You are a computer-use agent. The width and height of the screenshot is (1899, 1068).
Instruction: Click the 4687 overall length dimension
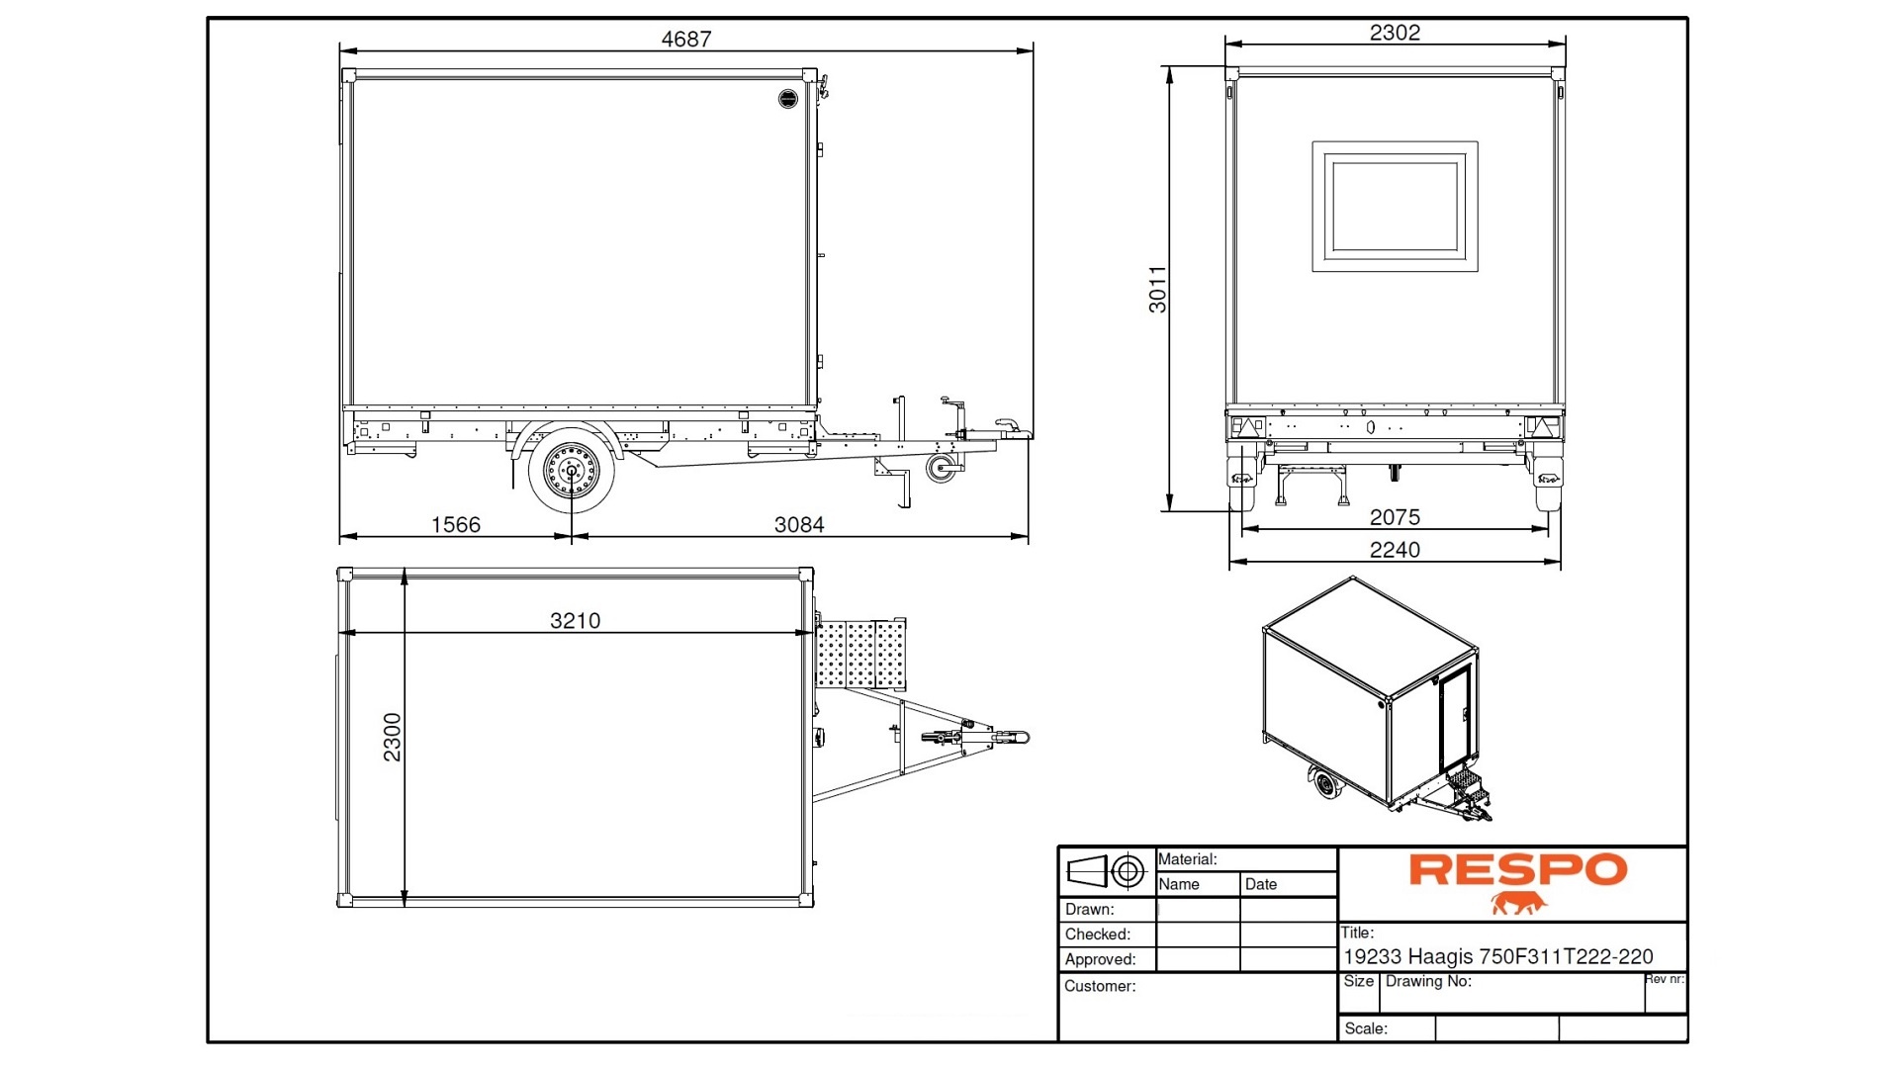[685, 39]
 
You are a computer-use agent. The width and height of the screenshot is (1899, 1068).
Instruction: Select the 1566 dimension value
[455, 525]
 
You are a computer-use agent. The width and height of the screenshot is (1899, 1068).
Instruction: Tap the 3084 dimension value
[798, 525]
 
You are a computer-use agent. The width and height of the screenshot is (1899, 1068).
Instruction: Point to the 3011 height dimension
[1157, 289]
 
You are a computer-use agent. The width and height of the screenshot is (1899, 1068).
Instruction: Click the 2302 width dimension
[1395, 33]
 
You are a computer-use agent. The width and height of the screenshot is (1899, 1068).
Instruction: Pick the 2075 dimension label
[1395, 517]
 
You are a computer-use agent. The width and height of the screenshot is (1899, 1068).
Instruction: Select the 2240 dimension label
[1395, 550]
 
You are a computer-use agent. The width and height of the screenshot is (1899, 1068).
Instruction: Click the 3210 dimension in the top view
[575, 621]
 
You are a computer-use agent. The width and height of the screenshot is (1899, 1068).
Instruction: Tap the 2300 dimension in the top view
[393, 737]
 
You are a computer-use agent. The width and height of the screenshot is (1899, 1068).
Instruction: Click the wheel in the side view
[571, 471]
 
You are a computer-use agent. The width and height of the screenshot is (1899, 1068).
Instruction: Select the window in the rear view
[1395, 207]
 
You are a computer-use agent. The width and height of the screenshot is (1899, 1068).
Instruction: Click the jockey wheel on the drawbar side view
[942, 468]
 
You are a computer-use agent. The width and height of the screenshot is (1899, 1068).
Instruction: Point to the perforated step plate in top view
[861, 654]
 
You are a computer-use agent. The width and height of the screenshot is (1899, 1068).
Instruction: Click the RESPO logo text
[1517, 870]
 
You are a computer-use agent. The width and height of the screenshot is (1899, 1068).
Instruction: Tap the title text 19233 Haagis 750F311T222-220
[1497, 957]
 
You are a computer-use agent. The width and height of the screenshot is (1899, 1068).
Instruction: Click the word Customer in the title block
[1099, 986]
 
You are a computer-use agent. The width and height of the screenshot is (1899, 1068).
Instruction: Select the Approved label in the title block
[1099, 959]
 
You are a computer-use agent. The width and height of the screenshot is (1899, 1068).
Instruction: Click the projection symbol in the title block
[1106, 871]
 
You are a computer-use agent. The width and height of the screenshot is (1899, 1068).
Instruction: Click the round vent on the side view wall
[787, 98]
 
